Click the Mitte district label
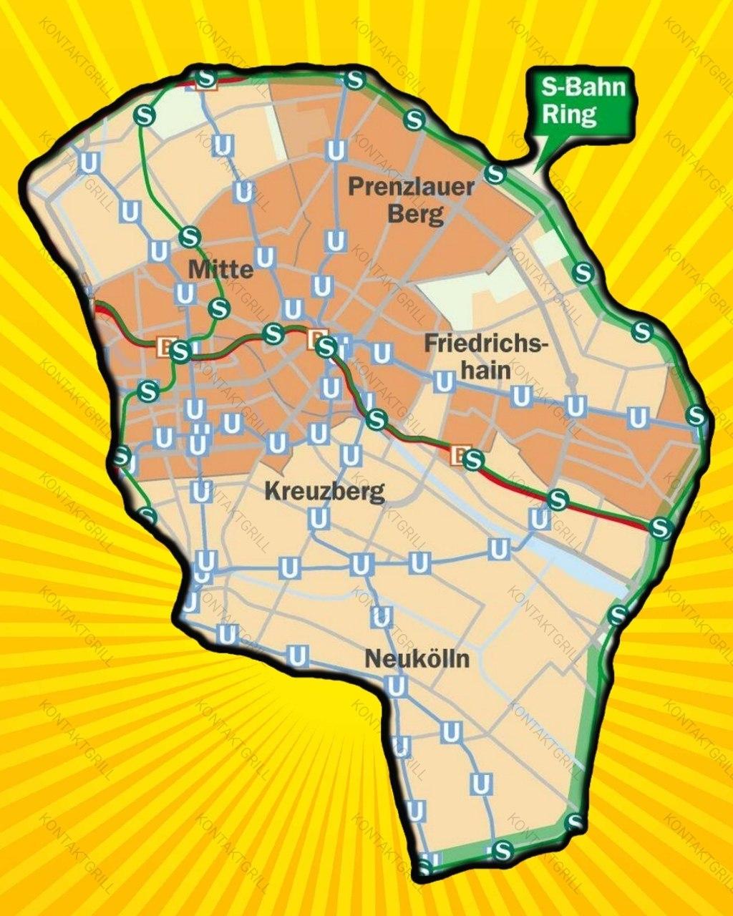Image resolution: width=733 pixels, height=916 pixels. point(220,269)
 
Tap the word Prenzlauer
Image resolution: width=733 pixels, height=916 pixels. point(411,187)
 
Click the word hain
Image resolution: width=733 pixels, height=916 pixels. point(485,370)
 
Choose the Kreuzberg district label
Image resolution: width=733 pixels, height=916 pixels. point(324,492)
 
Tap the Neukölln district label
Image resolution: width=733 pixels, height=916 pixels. point(417,658)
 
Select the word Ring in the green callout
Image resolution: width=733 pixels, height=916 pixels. point(569,114)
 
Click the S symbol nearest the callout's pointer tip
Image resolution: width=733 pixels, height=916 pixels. point(495,173)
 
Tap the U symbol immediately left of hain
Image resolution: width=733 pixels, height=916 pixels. point(444,383)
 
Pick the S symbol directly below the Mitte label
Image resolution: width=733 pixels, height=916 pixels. point(218,309)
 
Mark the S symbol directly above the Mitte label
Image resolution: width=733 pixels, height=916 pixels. point(190,235)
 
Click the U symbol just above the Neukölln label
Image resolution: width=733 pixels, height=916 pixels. point(382,617)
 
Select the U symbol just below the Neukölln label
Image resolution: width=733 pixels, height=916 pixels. point(396,686)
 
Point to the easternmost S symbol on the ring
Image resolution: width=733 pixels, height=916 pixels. point(696,414)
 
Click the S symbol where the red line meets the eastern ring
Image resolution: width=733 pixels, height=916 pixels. point(661,527)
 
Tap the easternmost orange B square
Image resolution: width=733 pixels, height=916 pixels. point(461,454)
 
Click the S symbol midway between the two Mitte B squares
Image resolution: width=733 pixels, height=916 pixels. point(273,333)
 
